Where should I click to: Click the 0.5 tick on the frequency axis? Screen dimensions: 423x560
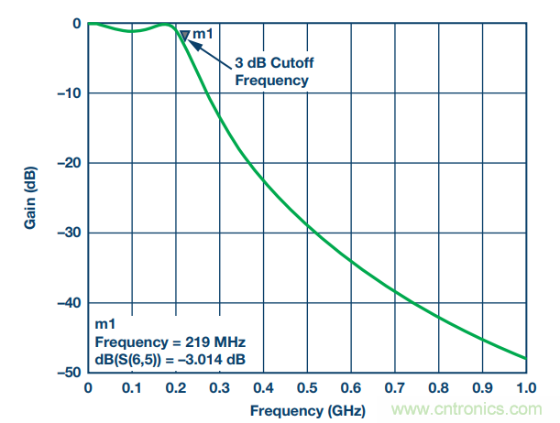[x=307, y=387]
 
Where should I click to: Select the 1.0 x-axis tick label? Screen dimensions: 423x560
[x=526, y=387]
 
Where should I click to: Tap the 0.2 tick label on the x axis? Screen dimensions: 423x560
[x=175, y=387]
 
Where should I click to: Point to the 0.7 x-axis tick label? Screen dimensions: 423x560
[x=395, y=387]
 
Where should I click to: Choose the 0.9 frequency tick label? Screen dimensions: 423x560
[x=482, y=387]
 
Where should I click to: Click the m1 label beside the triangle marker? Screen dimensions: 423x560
[x=203, y=34]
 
